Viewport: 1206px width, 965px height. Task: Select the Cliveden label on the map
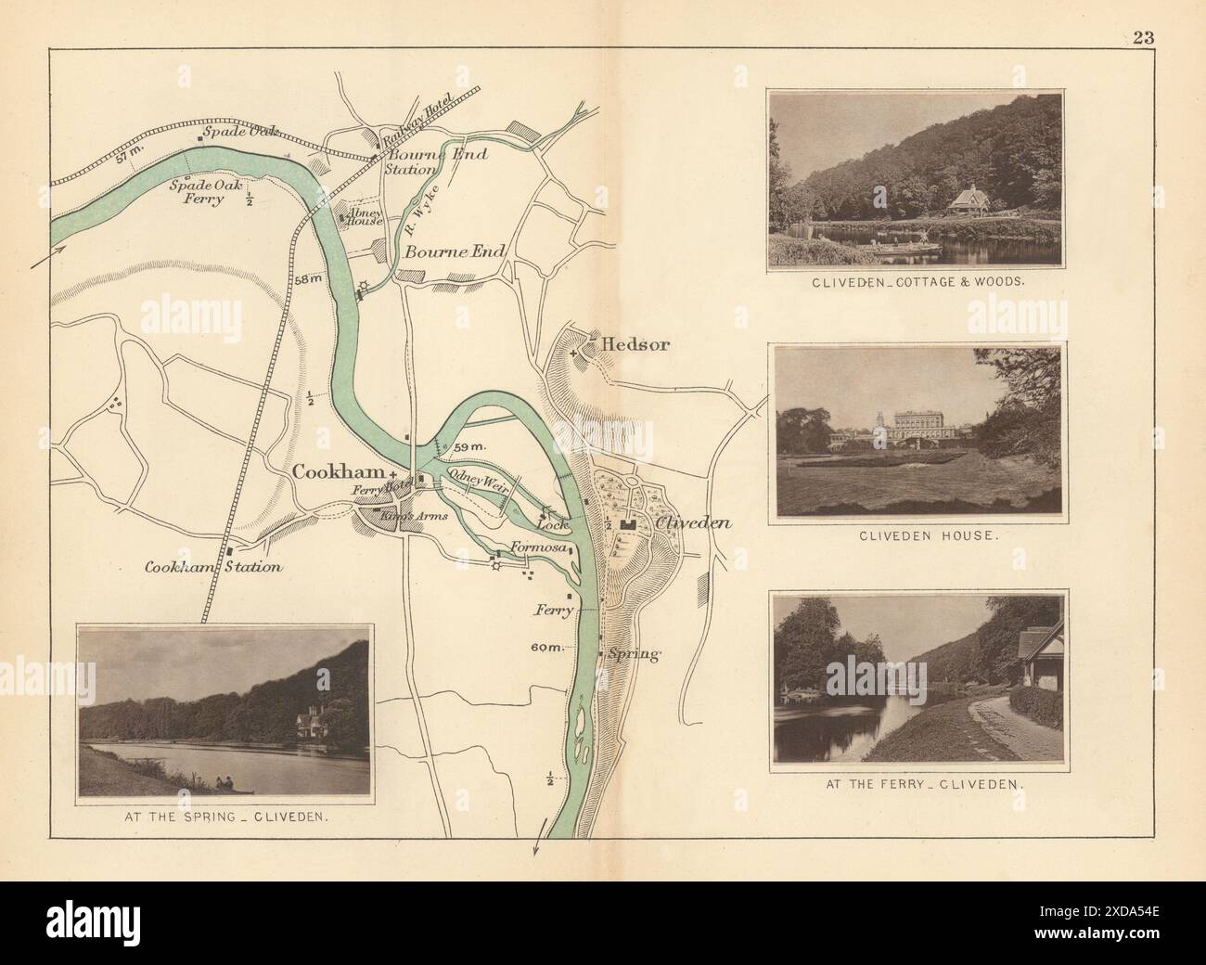[x=694, y=523]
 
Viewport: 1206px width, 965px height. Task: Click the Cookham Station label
[x=213, y=567]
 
